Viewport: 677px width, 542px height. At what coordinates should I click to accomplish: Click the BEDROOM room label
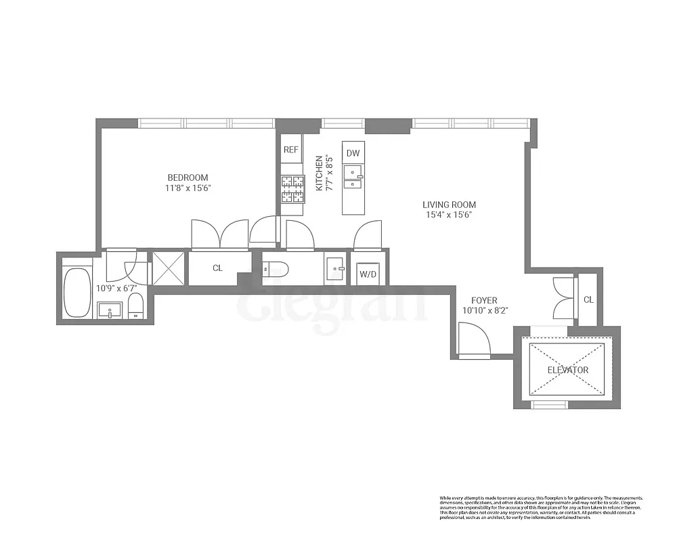pos(188,178)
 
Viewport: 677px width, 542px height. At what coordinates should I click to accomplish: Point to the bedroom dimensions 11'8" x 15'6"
pos(188,188)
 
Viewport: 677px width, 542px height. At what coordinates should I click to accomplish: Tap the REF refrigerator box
pos(291,150)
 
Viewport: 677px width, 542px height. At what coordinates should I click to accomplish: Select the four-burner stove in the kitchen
pos(292,189)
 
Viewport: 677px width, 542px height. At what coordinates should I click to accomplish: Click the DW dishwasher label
pos(353,153)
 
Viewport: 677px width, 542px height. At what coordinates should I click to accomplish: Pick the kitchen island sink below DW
pos(353,176)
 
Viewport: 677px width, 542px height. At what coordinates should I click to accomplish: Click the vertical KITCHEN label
pos(319,175)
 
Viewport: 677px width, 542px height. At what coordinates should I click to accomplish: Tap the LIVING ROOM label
pos(449,205)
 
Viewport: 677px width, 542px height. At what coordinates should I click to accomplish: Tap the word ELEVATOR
pos(567,370)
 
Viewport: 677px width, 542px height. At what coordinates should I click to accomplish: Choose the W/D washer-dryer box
pos(368,274)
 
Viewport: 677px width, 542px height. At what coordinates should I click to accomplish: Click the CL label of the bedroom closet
pos(217,268)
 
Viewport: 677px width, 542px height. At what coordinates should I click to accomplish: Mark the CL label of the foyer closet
pos(588,299)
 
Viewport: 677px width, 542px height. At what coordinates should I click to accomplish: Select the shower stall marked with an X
pos(167,268)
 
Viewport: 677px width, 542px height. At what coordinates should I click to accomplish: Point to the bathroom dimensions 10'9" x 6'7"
pos(117,288)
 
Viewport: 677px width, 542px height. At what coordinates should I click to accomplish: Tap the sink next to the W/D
pos(334,268)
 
